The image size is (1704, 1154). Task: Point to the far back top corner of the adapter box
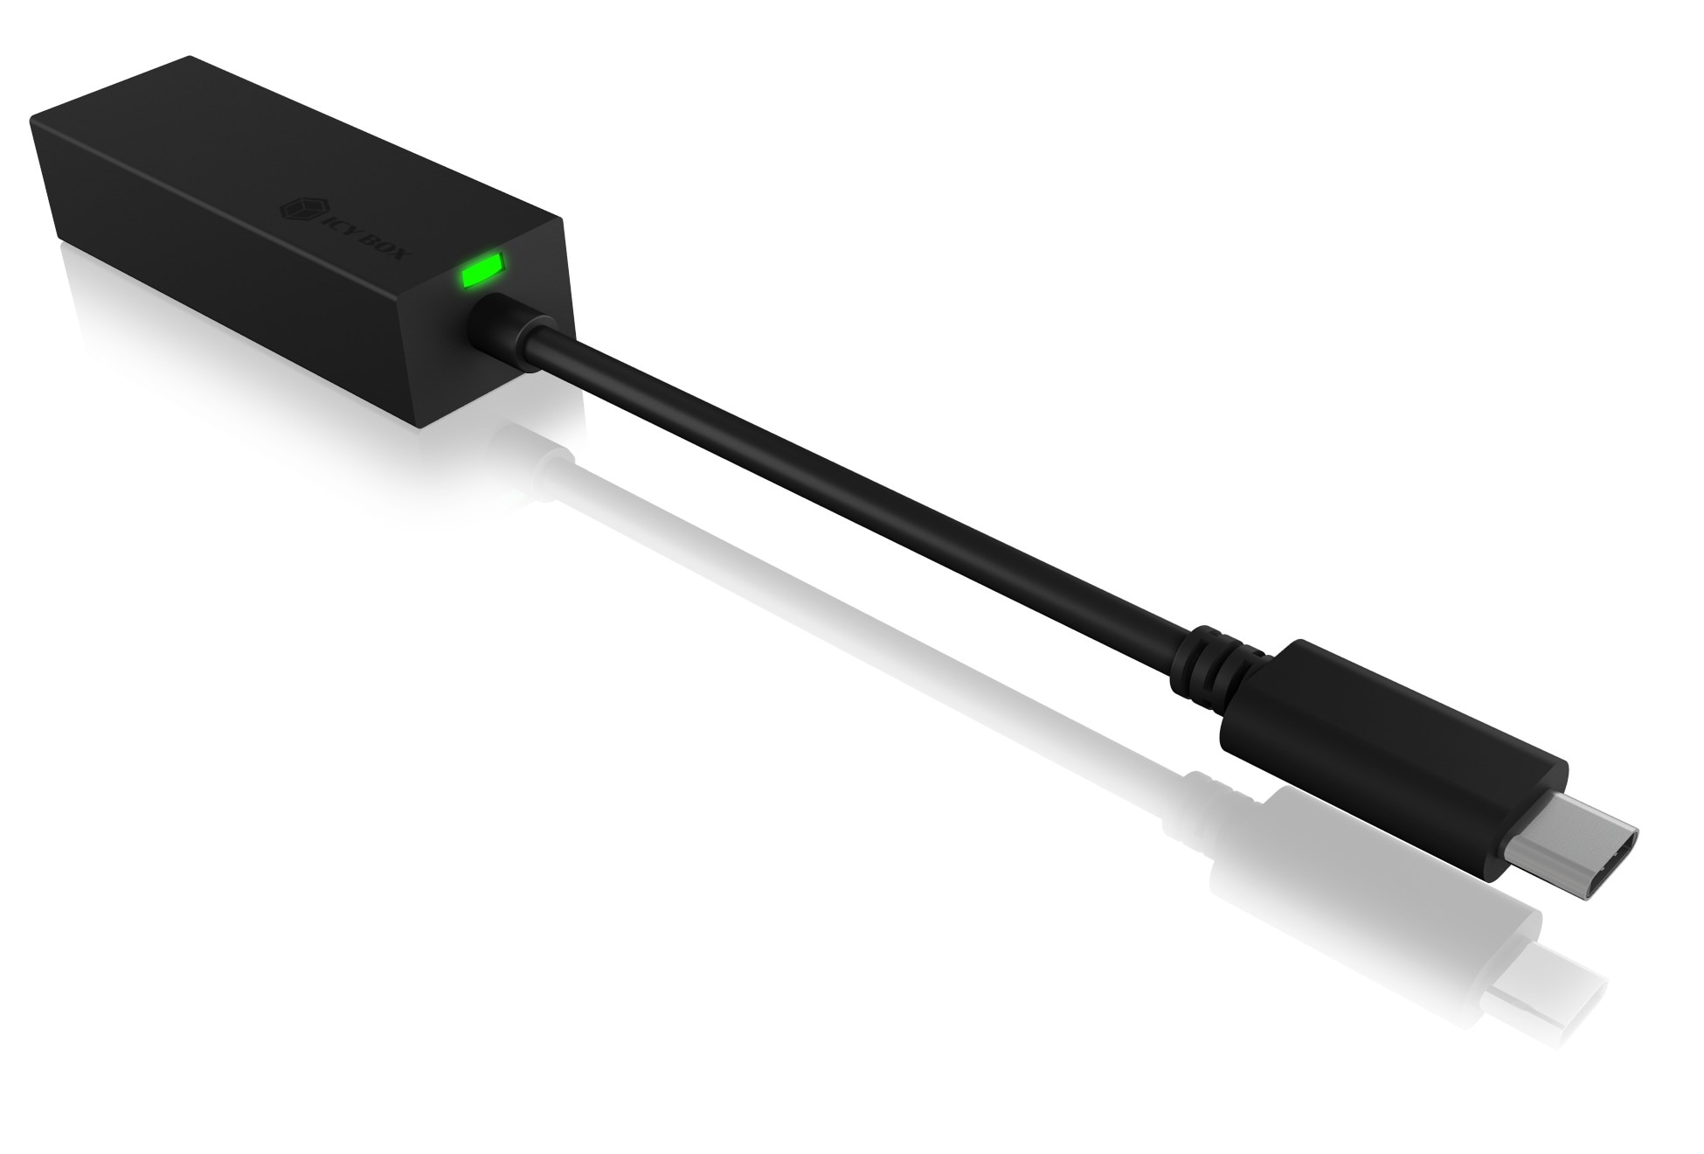coord(190,59)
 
